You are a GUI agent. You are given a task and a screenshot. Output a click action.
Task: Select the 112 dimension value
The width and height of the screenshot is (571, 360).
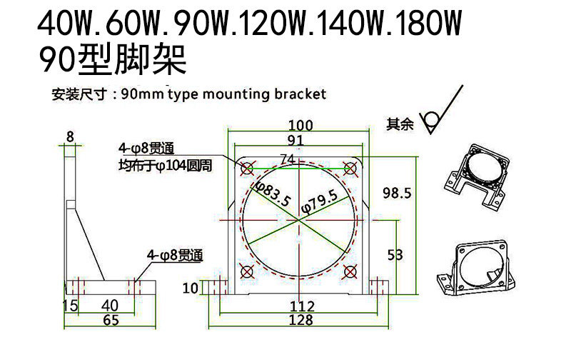coord(302,306)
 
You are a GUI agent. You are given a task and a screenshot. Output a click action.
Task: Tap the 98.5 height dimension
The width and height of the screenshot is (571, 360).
coord(397,193)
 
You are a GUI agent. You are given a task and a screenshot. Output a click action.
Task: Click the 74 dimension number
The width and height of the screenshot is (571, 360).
coord(288,159)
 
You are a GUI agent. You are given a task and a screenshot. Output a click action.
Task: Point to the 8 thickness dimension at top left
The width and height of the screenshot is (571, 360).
coord(69,136)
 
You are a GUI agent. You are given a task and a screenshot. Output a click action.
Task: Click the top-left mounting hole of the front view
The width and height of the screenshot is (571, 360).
coord(247,169)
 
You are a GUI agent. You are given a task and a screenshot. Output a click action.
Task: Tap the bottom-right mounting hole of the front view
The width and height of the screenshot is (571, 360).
coord(350,271)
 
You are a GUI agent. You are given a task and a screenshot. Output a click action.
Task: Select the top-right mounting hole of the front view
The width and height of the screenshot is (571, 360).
coord(350,168)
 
